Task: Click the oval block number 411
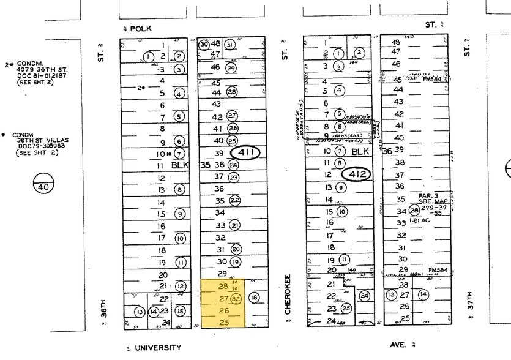coord(245,152)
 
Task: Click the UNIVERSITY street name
coord(158,348)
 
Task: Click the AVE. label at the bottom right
coord(398,345)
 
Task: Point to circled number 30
coord(204,44)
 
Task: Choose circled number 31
coord(229,45)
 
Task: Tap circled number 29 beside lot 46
coord(231,68)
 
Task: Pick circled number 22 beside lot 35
coord(234,201)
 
